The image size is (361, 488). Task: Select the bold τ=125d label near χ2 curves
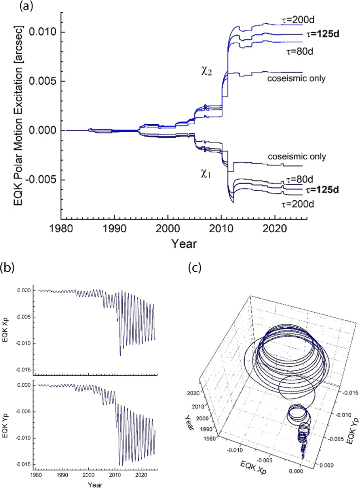coord(321,34)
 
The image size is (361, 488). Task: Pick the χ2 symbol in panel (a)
coord(206,71)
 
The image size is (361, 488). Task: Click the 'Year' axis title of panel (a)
coord(184,243)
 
